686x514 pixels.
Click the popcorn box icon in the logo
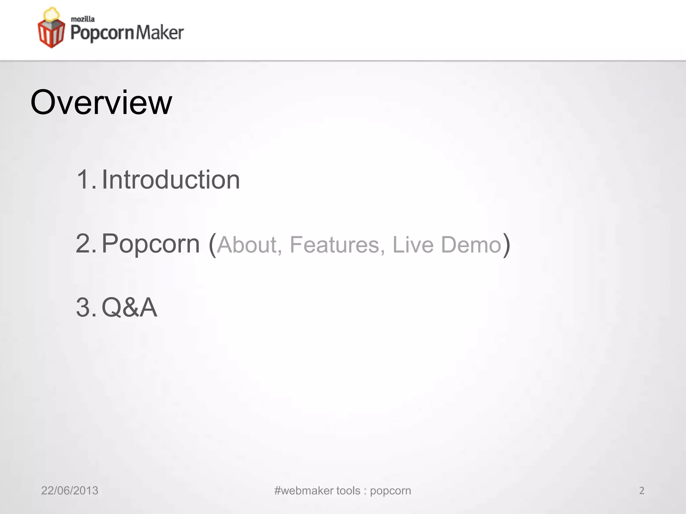point(51,28)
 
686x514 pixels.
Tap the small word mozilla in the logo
point(83,19)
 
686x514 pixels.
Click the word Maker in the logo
point(160,33)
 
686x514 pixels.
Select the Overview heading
point(101,102)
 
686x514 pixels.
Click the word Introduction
point(170,180)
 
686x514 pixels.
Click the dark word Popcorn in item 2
point(150,244)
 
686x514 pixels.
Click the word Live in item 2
point(413,245)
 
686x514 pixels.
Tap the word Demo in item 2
point(471,245)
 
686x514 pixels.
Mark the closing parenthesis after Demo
point(506,245)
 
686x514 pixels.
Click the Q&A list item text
point(129,307)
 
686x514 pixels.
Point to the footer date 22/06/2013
point(70,491)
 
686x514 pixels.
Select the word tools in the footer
point(348,491)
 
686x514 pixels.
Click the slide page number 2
point(641,491)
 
